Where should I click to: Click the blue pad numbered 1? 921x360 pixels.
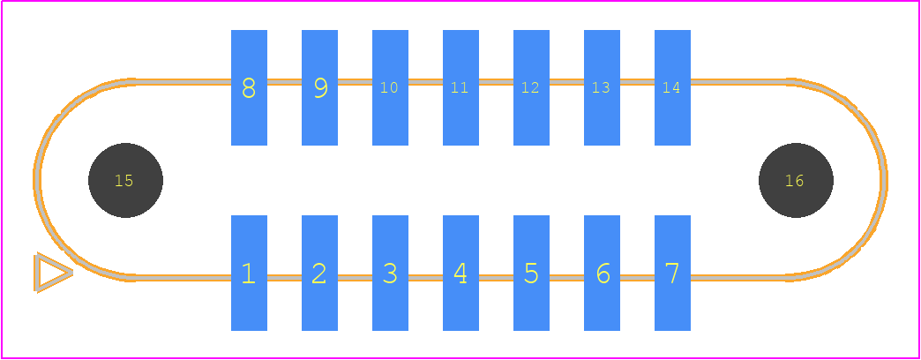pyautogui.click(x=249, y=273)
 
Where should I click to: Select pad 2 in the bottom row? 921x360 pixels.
pyautogui.click(x=319, y=273)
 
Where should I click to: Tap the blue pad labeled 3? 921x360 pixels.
pyautogui.click(x=390, y=273)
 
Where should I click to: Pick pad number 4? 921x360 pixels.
pyautogui.click(x=460, y=273)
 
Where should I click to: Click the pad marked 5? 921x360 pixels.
pyautogui.click(x=531, y=273)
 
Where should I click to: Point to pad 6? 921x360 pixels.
pyautogui.click(x=602, y=273)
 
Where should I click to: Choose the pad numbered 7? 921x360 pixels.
pyautogui.click(x=672, y=273)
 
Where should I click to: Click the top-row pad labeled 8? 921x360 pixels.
pyautogui.click(x=249, y=87)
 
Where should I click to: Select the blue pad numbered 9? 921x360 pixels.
pyautogui.click(x=319, y=87)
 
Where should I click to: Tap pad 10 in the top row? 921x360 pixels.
pyautogui.click(x=390, y=87)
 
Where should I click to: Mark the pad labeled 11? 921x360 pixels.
pyautogui.click(x=460, y=87)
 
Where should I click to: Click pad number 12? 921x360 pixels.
pyautogui.click(x=531, y=87)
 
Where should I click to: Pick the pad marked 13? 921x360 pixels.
pyautogui.click(x=602, y=87)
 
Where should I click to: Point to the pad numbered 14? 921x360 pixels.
pyautogui.click(x=672, y=87)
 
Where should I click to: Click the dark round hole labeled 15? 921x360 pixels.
pyautogui.click(x=125, y=180)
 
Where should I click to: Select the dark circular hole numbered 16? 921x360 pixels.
pyautogui.click(x=796, y=180)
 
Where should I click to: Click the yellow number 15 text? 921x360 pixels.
pyautogui.click(x=124, y=181)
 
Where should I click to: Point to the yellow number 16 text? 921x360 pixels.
pyautogui.click(x=794, y=181)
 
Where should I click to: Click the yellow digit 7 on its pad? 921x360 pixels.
pyautogui.click(x=672, y=273)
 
